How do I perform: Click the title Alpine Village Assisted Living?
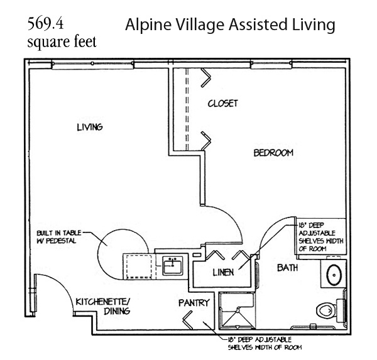[229, 25]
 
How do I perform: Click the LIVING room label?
[89, 127]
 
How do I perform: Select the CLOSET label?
[223, 103]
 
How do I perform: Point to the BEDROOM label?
[273, 153]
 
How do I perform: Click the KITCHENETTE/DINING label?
[103, 306]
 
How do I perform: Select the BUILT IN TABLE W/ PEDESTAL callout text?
[58, 237]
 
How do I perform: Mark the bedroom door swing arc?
[221, 223]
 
